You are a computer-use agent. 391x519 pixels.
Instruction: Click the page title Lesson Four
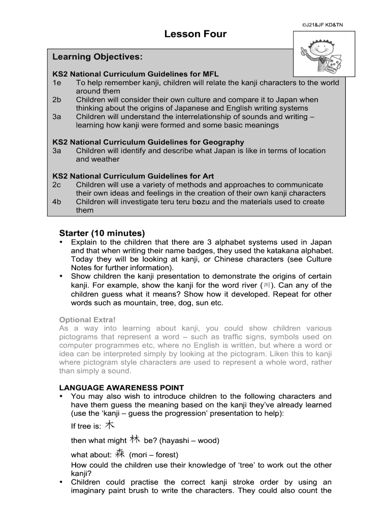[195, 34]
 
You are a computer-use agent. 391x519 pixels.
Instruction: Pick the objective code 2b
[56, 99]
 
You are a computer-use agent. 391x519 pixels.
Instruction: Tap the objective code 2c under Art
[56, 184]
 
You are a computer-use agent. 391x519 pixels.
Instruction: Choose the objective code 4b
[56, 202]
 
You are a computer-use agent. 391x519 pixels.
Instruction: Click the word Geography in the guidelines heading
[221, 142]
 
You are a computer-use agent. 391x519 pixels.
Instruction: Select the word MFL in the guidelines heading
[210, 73]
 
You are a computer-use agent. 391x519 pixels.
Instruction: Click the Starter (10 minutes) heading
[102, 233]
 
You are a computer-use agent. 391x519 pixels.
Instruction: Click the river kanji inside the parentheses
[267, 285]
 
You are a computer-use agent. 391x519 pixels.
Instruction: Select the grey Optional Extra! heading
[87, 319]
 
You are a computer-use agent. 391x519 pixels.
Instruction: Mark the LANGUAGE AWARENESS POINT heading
[121, 388]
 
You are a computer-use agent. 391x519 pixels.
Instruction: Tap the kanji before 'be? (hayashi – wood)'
[135, 439]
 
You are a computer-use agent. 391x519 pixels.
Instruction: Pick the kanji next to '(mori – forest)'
[120, 453]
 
